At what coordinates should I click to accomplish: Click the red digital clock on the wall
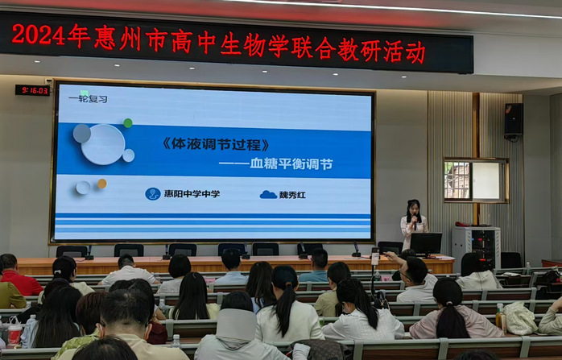(x=32, y=90)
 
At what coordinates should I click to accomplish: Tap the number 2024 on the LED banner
(x=38, y=35)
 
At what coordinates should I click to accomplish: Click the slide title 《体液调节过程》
(x=216, y=144)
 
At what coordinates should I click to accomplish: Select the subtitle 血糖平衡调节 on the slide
(x=291, y=164)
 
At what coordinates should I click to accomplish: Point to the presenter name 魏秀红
(x=292, y=195)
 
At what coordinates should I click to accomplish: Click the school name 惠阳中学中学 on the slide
(x=192, y=194)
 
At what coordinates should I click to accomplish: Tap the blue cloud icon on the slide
(x=268, y=195)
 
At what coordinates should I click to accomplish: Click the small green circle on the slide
(x=128, y=123)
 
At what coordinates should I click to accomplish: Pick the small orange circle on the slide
(x=102, y=184)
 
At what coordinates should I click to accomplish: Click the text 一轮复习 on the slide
(x=88, y=99)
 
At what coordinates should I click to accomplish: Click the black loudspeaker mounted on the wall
(x=514, y=119)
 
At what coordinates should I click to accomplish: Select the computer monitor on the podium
(x=426, y=244)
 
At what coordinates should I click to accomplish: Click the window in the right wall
(x=477, y=180)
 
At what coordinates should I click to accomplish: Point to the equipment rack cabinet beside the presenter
(x=476, y=246)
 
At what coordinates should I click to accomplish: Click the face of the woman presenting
(x=414, y=209)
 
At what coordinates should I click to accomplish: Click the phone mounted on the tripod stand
(x=375, y=257)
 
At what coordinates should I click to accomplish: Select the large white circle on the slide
(x=103, y=144)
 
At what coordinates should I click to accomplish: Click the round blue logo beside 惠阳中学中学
(x=153, y=194)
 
